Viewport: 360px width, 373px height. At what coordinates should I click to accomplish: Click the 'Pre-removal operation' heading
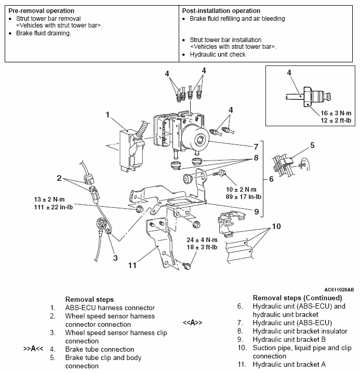point(41,11)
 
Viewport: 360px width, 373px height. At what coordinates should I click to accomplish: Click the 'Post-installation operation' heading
point(221,11)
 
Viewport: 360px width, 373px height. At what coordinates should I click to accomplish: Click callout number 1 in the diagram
point(108,114)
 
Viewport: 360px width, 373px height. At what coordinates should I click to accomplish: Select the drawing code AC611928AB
point(339,289)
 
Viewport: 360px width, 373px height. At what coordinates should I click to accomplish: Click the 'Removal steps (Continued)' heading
point(297,298)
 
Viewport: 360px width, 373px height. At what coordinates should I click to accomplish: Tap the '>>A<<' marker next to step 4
point(33,349)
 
